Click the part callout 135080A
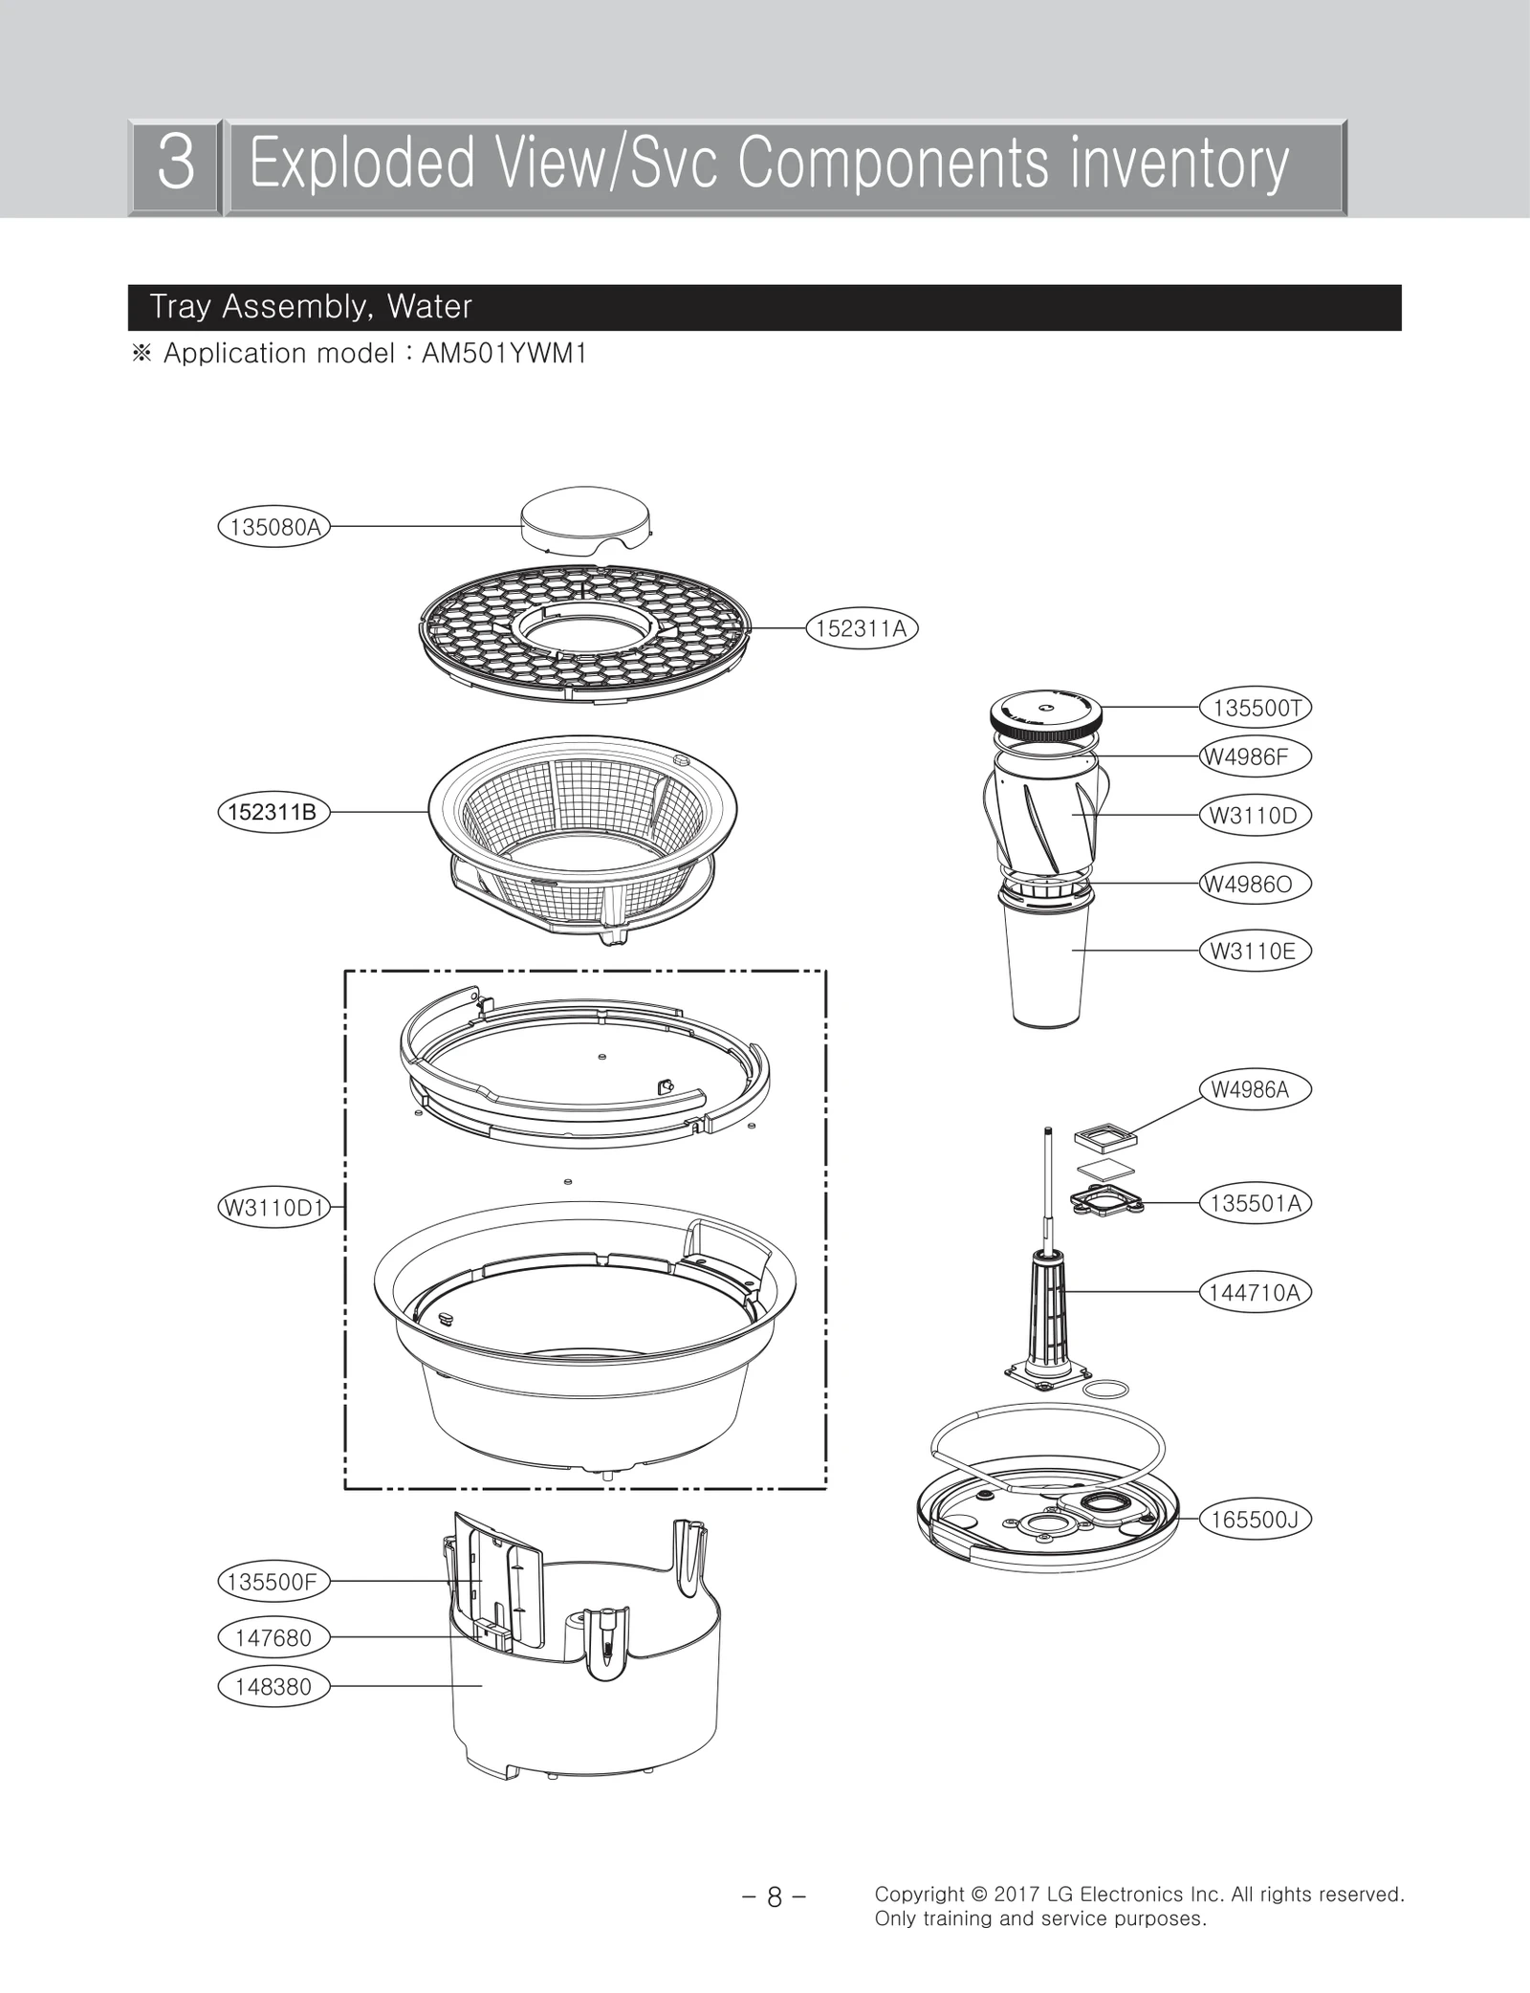[x=273, y=527]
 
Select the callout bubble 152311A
[x=861, y=628]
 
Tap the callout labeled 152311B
[x=273, y=812]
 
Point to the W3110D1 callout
[x=274, y=1207]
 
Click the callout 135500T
[x=1255, y=708]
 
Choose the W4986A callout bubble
[x=1254, y=1089]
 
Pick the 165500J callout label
[x=1255, y=1520]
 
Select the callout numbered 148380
[x=273, y=1686]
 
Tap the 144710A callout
[x=1255, y=1293]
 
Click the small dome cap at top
[x=585, y=522]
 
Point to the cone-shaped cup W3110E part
[x=1048, y=966]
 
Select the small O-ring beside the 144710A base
[x=1109, y=1389]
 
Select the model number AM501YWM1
[x=504, y=354]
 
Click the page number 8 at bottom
[x=775, y=1896]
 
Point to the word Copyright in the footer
[x=919, y=1894]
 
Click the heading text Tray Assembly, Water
[x=311, y=307]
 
